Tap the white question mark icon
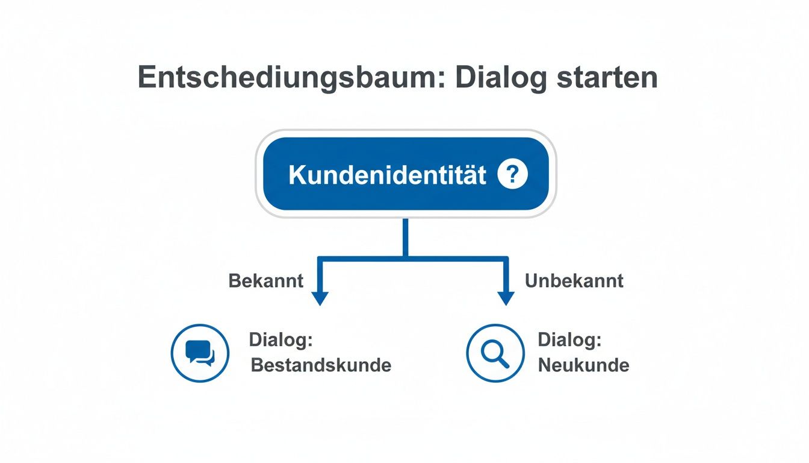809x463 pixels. pos(513,175)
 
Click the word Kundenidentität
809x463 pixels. pos(387,175)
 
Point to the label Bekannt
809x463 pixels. pos(266,281)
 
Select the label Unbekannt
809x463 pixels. pos(574,281)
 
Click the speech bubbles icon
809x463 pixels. pos(200,353)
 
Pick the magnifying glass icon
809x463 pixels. pos(495,353)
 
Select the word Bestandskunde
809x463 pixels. pos(321,365)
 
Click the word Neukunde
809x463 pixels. pos(583,365)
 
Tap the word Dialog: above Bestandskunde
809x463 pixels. pos(281,340)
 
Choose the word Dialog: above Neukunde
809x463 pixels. pos(569,340)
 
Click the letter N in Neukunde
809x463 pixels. pos(544,365)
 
